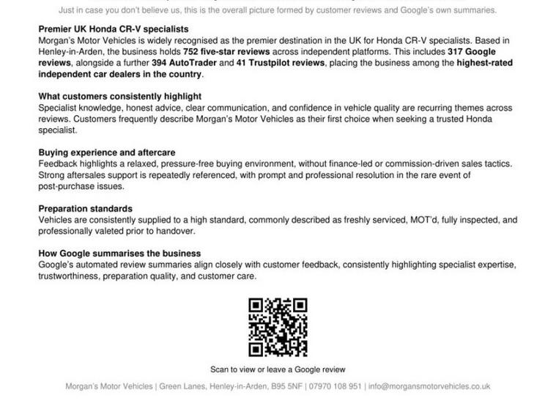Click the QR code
click(278, 327)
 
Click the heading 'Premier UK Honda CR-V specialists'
click(113, 29)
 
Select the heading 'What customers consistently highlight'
click(119, 97)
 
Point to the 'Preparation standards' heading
click(85, 209)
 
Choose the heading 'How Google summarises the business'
click(119, 254)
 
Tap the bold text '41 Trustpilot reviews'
click(282, 63)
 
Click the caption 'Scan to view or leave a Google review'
click(278, 369)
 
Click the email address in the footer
click(429, 386)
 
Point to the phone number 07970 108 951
click(334, 386)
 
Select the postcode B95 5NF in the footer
click(286, 386)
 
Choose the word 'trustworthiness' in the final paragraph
click(68, 276)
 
